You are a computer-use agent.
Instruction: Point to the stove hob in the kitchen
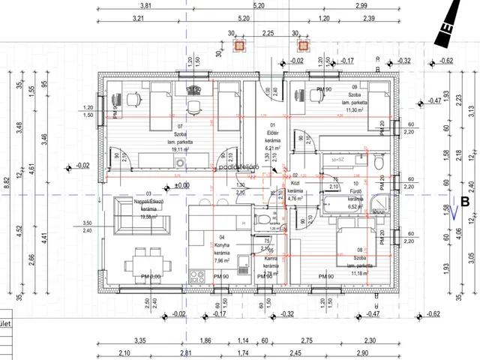point(196,274)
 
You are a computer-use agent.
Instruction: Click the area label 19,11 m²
point(180,149)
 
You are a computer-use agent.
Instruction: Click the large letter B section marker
point(465,201)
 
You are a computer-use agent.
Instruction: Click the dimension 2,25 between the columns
point(268,33)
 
